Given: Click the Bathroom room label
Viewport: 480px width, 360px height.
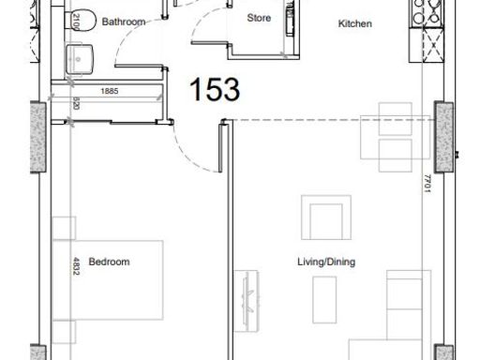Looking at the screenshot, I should tap(124, 21).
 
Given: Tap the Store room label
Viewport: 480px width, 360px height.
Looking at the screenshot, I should tap(259, 18).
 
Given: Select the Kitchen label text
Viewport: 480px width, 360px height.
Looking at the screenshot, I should tap(355, 23).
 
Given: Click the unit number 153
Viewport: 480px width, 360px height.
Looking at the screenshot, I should tap(215, 90).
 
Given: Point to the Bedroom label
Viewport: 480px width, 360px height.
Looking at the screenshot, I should tap(109, 262).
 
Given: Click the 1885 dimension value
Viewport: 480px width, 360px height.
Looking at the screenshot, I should tap(110, 92).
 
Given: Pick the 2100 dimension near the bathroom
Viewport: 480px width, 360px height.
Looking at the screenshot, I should tap(76, 21).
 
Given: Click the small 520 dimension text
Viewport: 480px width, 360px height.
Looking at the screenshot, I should tap(75, 105).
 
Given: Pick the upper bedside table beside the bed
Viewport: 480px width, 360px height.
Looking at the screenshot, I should tap(63, 229).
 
